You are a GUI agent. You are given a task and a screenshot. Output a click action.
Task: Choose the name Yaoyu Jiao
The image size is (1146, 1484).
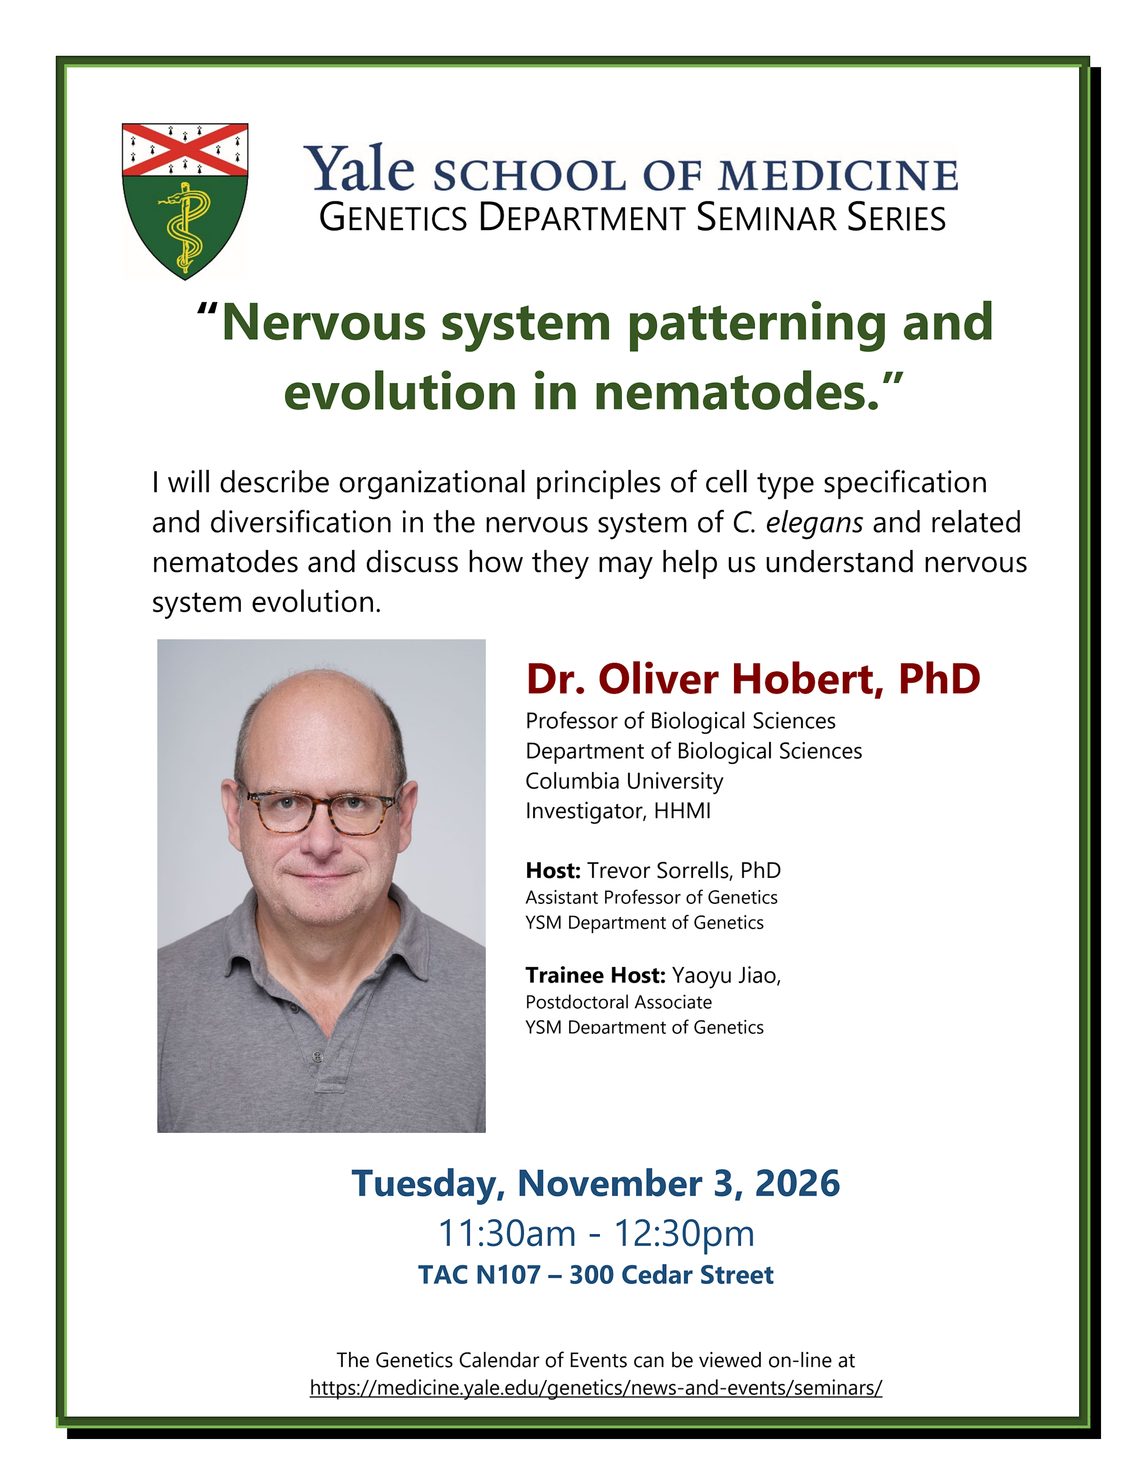pos(724,976)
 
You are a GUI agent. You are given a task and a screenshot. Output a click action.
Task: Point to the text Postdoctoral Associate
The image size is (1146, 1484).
pos(618,1002)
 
